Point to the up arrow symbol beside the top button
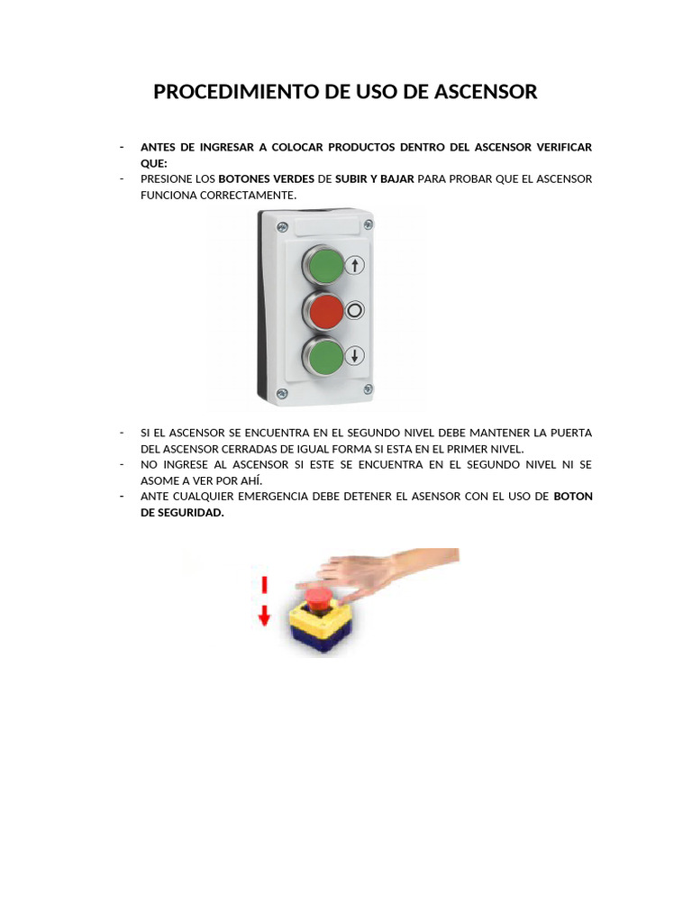click(355, 265)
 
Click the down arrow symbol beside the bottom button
click(355, 355)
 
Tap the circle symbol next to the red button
click(355, 311)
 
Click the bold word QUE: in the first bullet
click(154, 163)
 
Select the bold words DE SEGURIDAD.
click(182, 513)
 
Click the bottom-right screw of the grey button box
click(367, 388)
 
